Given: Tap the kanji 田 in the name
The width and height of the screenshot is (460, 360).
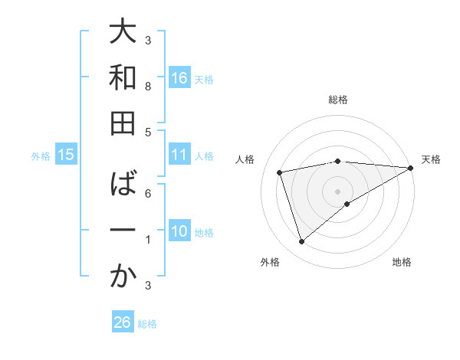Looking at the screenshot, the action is coord(123,124).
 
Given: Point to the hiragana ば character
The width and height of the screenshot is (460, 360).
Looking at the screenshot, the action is coord(123,184).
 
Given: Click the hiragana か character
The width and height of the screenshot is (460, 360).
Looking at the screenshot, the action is coord(123,278).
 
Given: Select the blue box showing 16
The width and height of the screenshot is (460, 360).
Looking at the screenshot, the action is coord(179,78).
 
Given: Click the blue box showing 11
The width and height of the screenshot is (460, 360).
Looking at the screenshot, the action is coord(179,155).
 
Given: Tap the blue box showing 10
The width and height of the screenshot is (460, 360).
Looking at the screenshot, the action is coord(179,232).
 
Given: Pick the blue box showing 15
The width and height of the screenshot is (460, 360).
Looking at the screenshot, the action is coord(66,155).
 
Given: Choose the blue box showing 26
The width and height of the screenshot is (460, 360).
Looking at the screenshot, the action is coord(123,322).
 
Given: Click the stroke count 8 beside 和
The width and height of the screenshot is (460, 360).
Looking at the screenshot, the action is coord(148,87).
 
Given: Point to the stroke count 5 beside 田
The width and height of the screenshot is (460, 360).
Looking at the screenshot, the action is coord(148,132).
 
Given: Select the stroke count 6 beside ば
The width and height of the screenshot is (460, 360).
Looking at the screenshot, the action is coord(148,193).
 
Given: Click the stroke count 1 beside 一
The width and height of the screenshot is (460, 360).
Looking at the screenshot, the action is coord(148,240).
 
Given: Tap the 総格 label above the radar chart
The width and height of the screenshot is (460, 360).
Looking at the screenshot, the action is coord(338,100).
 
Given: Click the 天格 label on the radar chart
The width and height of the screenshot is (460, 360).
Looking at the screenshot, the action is coord(432,159).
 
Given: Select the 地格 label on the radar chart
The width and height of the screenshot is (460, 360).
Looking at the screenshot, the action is coord(402,262).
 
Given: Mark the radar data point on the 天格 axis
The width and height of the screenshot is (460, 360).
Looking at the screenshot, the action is coord(411,168).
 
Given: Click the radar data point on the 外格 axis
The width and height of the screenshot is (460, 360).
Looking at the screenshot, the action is coord(301,242).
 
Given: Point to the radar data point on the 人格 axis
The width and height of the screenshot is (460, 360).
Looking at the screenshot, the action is coord(280,172).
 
